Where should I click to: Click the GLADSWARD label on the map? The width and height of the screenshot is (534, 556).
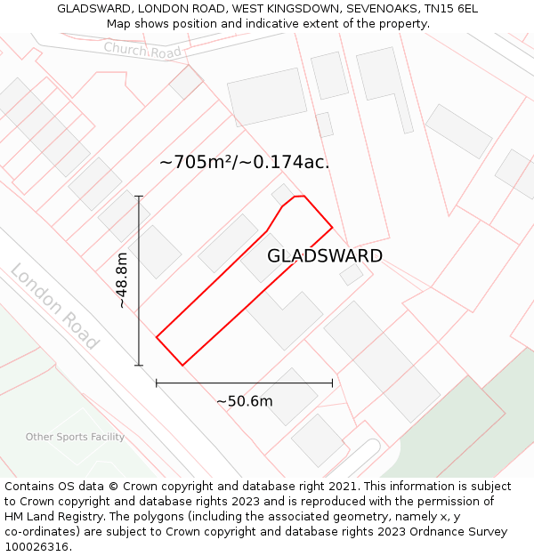(325, 256)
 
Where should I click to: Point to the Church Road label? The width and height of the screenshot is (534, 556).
(142, 50)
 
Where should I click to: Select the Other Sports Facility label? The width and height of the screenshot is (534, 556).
(75, 437)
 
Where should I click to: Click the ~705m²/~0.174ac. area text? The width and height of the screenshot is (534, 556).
(244, 162)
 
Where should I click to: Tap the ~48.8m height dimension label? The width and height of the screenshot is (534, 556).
(122, 280)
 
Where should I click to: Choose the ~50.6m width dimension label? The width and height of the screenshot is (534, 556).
(244, 401)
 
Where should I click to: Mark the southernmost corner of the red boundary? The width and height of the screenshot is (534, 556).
(182, 365)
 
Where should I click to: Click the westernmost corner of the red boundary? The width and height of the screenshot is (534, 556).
(157, 337)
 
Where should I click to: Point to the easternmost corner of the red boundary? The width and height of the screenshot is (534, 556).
(332, 228)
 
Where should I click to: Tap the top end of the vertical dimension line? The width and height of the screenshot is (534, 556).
(139, 196)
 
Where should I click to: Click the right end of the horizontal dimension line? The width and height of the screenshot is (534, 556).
(332, 383)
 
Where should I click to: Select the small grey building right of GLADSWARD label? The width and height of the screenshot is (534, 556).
(352, 274)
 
